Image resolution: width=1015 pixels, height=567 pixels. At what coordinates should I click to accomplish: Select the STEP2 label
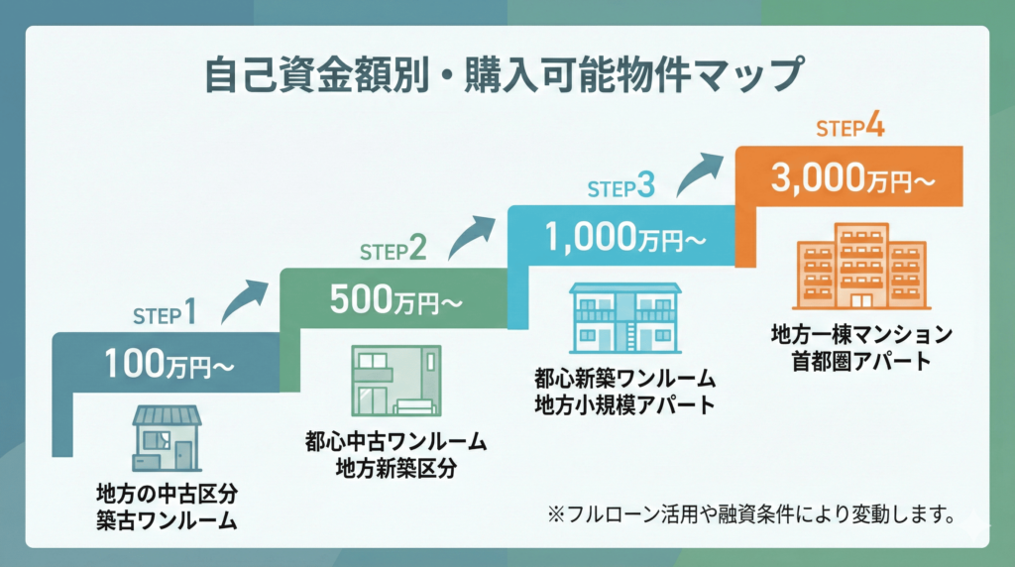tap(393, 250)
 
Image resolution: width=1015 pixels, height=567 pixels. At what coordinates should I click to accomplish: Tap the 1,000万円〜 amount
tap(621, 237)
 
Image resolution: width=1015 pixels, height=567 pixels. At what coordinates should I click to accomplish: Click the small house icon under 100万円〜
tap(168, 436)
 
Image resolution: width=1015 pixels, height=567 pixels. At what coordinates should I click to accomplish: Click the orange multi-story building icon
tap(859, 266)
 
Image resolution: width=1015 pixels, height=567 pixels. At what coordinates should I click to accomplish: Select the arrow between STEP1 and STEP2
tap(244, 299)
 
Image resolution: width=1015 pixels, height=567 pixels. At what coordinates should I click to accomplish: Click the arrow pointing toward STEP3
tap(473, 235)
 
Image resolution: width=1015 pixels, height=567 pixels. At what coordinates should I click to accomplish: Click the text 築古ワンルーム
tap(168, 519)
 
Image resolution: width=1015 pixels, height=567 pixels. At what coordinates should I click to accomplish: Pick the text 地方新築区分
tap(395, 469)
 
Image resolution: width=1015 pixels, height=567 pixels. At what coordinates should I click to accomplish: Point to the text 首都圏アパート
tap(860, 361)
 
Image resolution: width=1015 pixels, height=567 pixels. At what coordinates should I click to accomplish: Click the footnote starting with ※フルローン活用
tap(750, 513)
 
